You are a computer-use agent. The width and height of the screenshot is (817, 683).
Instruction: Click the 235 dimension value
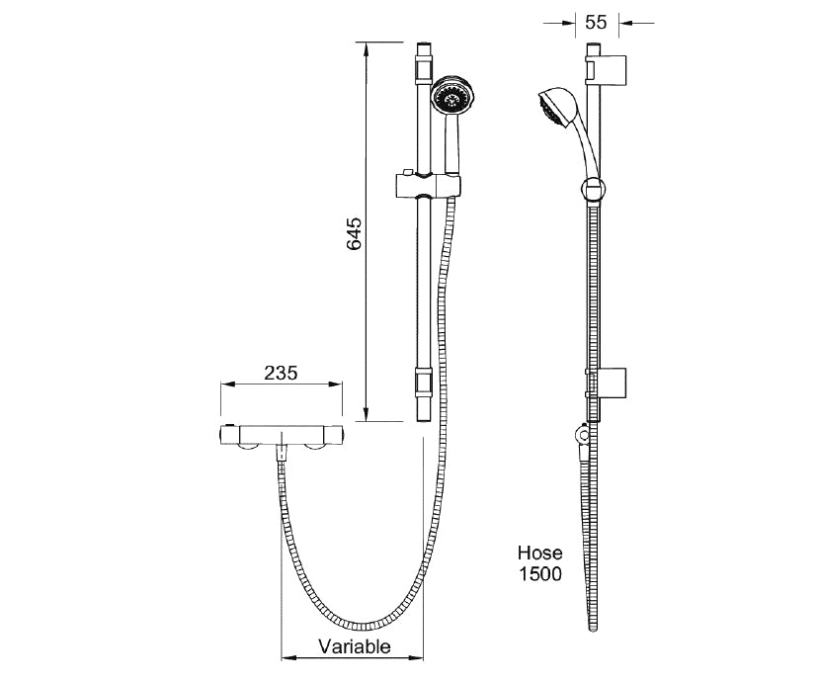[x=282, y=373]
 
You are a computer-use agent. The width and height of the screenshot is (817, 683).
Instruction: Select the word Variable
[x=354, y=647]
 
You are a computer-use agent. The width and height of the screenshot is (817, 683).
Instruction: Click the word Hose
[x=539, y=554]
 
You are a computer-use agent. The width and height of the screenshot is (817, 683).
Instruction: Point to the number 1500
[x=539, y=573]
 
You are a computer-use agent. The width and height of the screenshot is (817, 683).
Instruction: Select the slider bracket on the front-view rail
[x=427, y=184]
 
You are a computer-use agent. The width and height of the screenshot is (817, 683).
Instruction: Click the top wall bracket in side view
[x=609, y=69]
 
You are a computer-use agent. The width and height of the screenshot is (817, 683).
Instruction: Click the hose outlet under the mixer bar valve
[x=283, y=453]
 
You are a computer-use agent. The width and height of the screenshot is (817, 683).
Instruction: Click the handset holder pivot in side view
[x=591, y=187]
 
